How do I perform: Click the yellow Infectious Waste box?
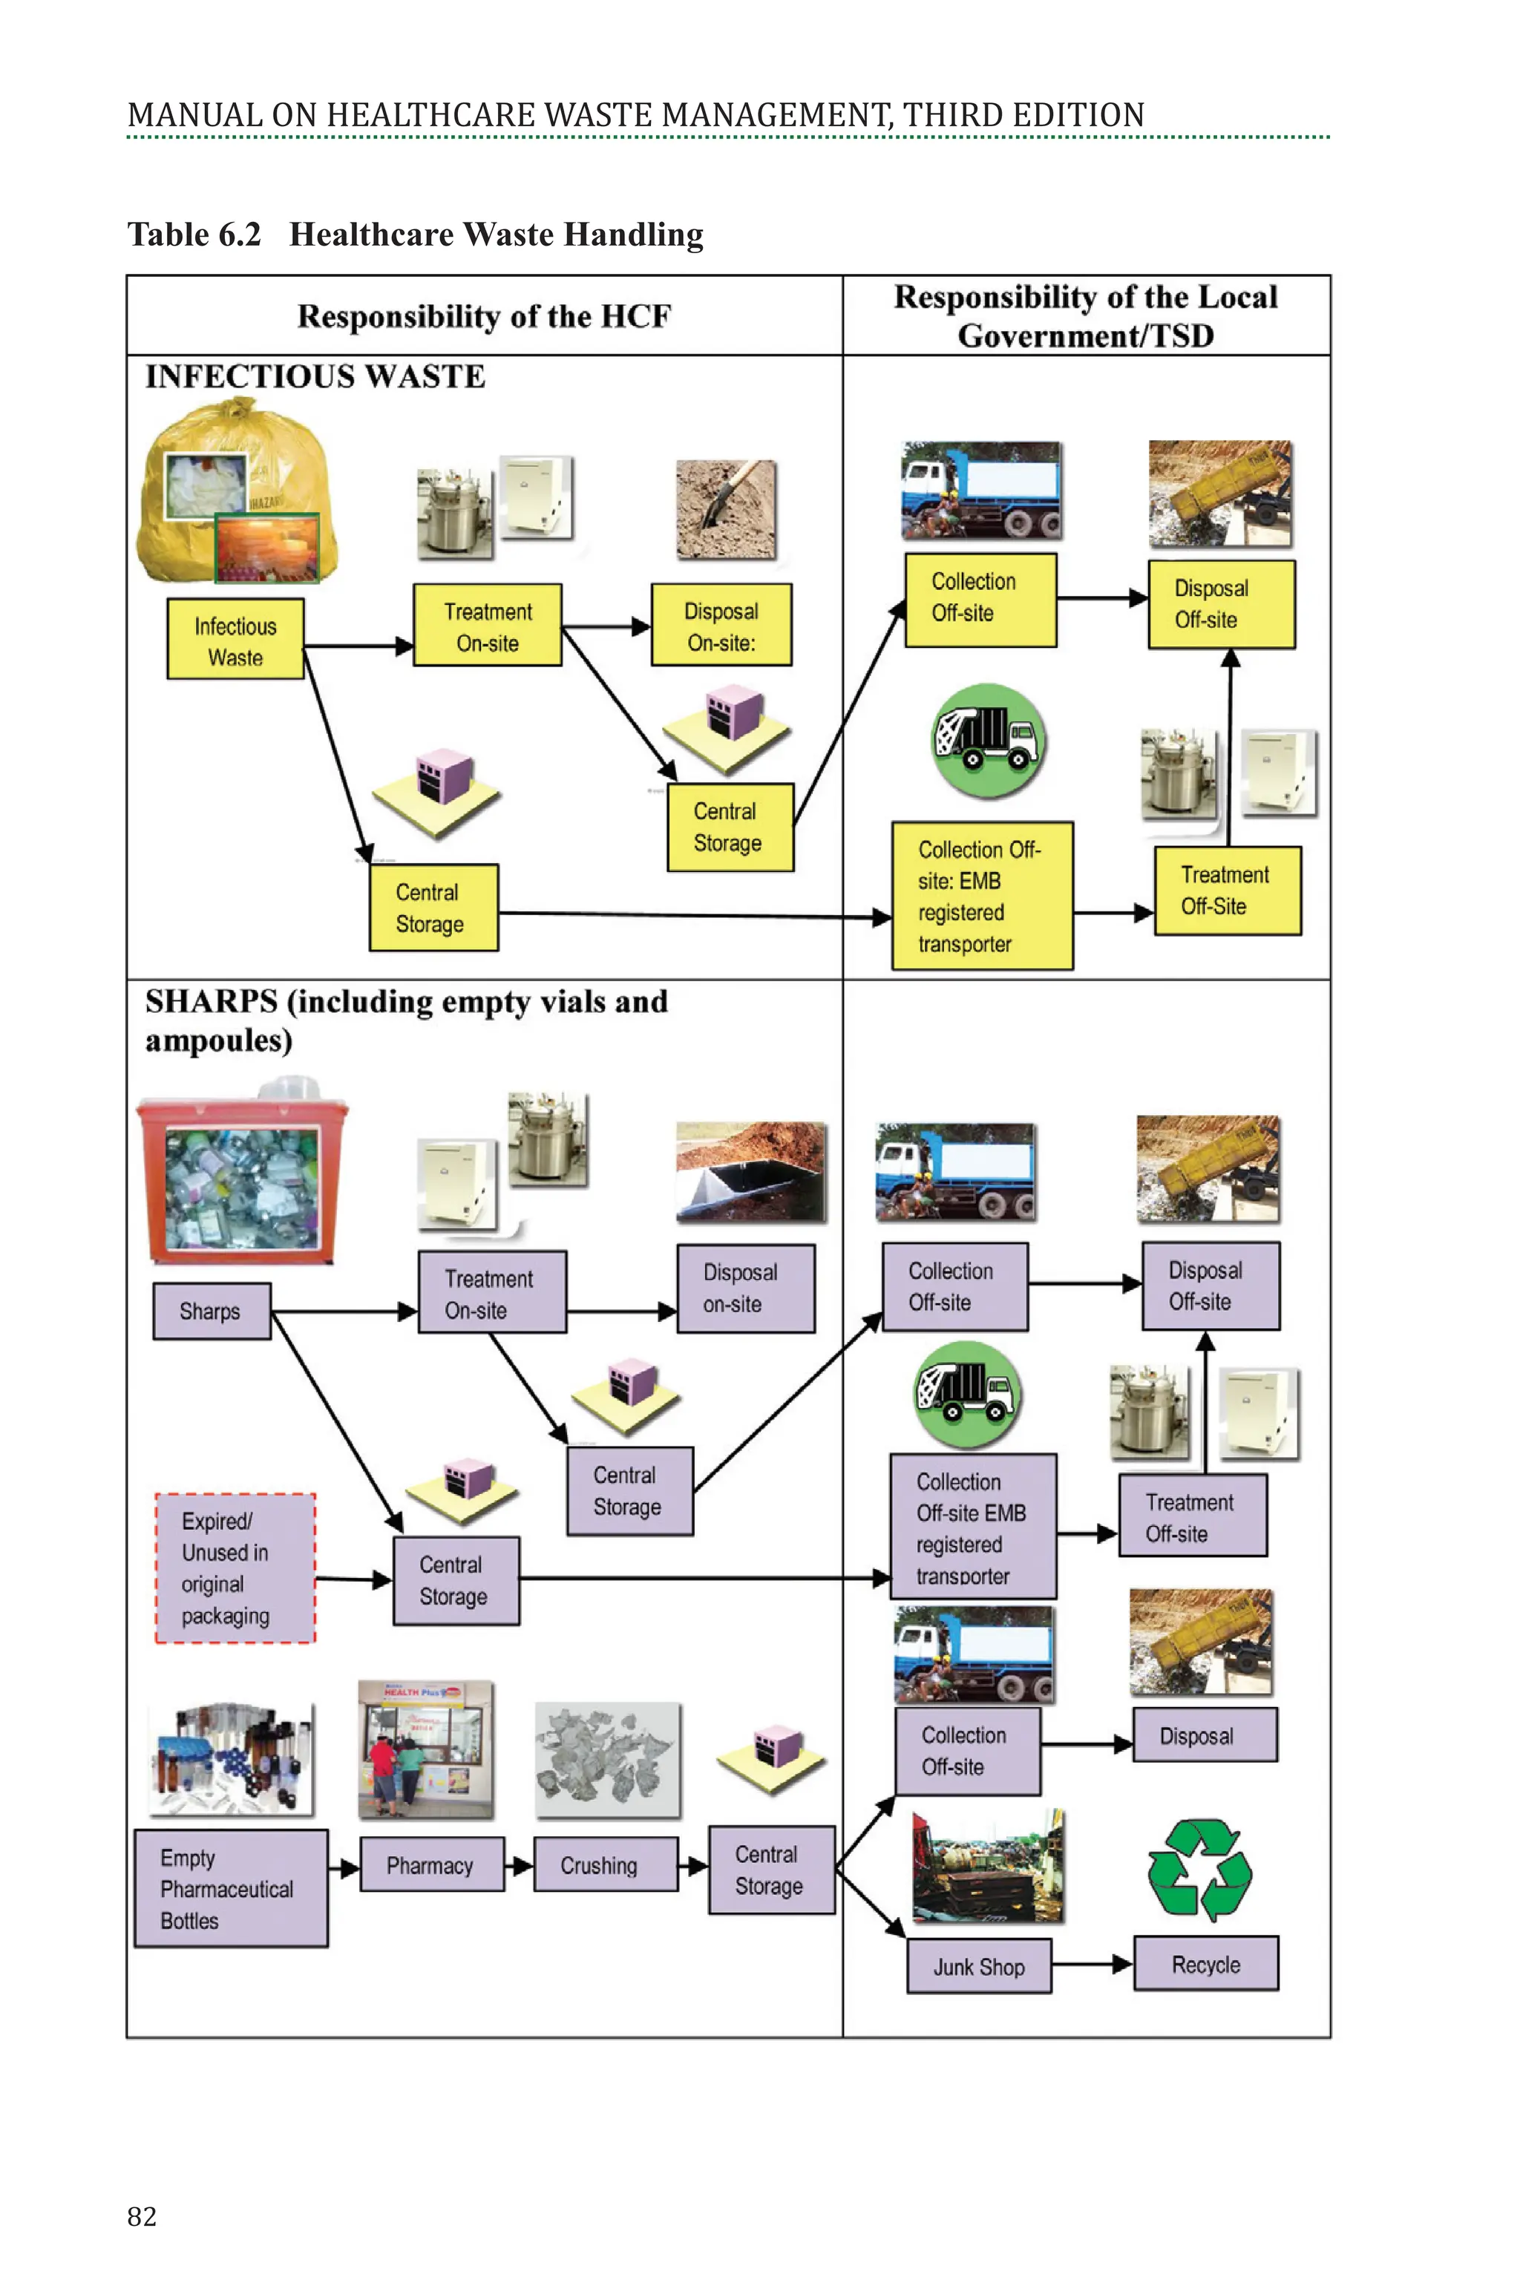coord(235,639)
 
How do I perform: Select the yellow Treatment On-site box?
coord(488,625)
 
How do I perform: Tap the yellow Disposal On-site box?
coord(721,625)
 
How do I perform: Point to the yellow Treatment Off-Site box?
coord(1226,891)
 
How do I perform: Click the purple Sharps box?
coord(212,1311)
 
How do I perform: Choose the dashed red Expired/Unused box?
coord(235,1568)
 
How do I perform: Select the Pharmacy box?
coord(431,1864)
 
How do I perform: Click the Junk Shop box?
coord(979,1966)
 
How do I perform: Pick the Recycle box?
coord(1206,1964)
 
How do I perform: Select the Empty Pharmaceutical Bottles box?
coord(231,1888)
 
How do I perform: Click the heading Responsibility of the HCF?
coord(484,317)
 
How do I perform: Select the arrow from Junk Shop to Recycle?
coord(1092,1965)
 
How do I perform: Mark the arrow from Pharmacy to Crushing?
coord(519,1864)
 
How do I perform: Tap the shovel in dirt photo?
coord(726,510)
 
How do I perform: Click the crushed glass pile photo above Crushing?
coord(607,1760)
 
